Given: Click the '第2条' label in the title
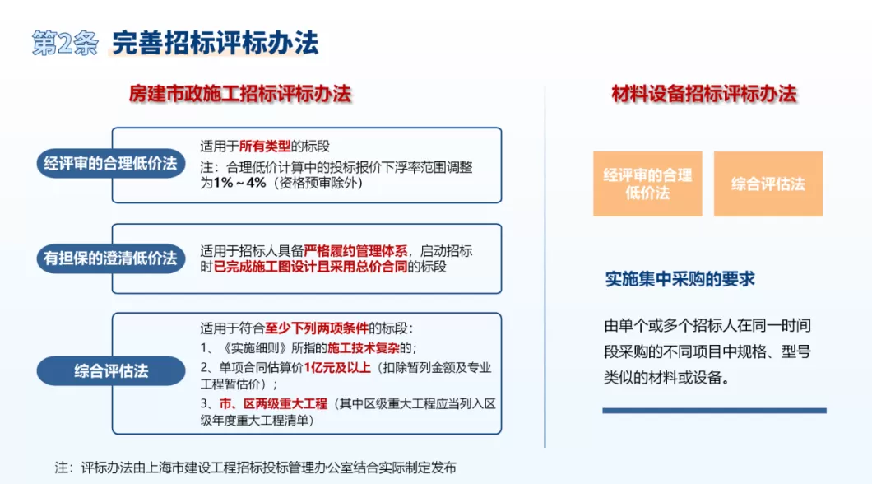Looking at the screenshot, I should tap(65, 43).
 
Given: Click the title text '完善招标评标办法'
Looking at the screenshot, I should tap(215, 43).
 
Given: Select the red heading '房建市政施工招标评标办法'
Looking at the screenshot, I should tap(239, 94).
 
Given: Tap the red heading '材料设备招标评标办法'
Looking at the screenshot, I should tap(704, 94).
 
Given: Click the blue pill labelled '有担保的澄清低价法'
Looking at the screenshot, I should tap(110, 258).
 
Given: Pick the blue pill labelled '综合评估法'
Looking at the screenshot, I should tap(110, 371).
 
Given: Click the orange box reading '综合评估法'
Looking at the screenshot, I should tap(768, 184).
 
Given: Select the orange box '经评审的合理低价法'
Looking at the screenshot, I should tap(647, 184).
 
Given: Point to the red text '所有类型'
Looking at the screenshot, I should tap(265, 147).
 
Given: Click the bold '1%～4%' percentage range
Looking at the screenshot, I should tap(239, 183).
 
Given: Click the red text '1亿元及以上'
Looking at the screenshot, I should tap(338, 367).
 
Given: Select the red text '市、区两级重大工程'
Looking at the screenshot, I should tap(274, 404).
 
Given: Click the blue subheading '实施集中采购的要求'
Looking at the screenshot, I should tap(680, 280).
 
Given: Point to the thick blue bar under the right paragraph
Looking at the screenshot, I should tap(714, 410).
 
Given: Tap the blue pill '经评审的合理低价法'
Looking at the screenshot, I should tap(110, 164).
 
